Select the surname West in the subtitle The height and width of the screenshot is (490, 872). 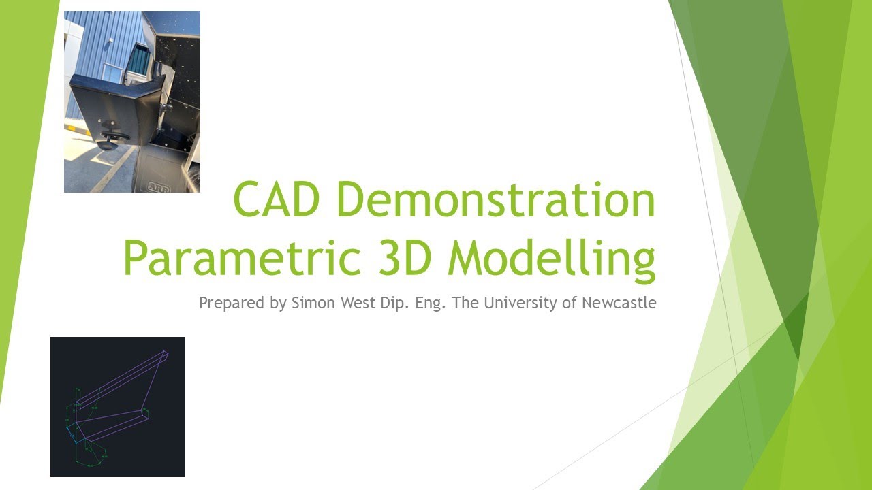tap(355, 303)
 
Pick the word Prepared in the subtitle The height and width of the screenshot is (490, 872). tap(232, 303)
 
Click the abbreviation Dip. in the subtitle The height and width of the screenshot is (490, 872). tap(393, 303)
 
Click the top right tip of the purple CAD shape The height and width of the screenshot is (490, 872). tap(166, 353)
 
